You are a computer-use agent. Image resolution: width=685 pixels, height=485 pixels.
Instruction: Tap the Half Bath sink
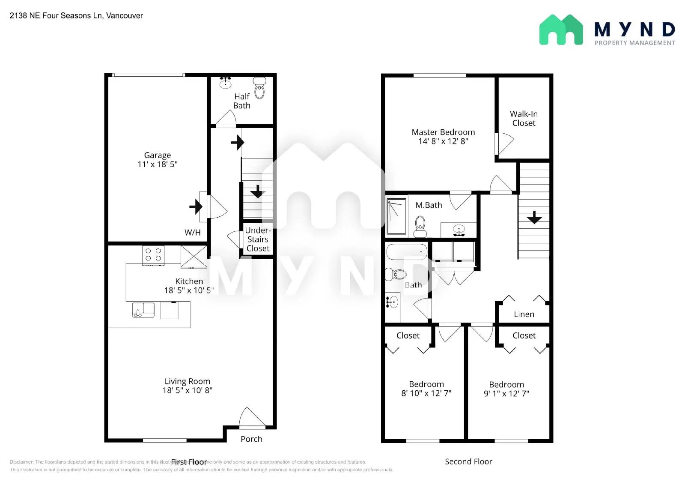225,83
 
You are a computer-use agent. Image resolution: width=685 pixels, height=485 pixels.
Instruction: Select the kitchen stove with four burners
153,255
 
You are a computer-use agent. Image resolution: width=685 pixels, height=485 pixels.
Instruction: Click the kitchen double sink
143,309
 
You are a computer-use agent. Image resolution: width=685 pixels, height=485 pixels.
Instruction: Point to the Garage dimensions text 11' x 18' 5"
157,164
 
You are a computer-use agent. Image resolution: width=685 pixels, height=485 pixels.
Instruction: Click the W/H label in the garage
192,232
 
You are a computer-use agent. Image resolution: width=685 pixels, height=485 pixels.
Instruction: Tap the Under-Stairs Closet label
258,239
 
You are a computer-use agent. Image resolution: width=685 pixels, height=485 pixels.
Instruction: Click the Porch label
251,439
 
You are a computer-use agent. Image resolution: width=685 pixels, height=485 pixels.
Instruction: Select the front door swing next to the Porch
252,418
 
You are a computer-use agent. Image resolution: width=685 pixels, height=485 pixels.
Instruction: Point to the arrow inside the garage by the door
196,207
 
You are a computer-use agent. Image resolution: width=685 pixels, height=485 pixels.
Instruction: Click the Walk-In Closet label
524,118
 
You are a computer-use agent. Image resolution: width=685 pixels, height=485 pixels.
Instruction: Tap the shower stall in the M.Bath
396,216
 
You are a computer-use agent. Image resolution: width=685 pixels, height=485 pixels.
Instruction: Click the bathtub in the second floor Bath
406,252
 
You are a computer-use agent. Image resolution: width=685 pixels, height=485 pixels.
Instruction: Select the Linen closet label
524,314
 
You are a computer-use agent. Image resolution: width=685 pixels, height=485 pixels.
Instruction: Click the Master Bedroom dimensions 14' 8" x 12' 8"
443,141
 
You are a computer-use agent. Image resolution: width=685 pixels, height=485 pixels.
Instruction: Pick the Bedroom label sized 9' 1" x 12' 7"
506,384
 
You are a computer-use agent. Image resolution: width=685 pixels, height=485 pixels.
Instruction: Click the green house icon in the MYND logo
560,30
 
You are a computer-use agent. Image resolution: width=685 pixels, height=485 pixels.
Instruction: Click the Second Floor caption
468,461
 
